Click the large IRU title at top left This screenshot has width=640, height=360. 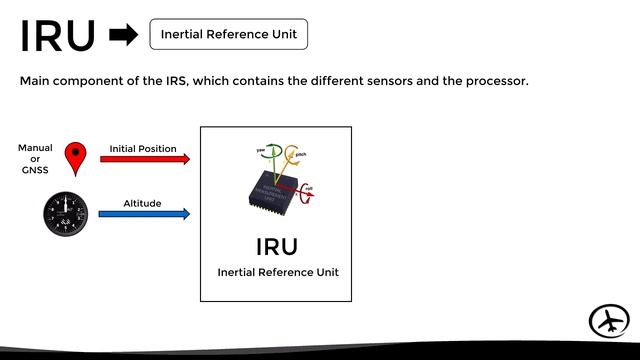(58, 36)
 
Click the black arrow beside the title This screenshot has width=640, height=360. (123, 36)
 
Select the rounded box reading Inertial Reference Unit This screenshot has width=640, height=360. (229, 34)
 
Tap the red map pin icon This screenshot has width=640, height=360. (75, 158)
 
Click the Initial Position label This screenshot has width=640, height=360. (143, 148)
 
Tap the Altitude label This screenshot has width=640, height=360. (142, 203)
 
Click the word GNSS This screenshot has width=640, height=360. (35, 171)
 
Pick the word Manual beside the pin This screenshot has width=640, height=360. (35, 148)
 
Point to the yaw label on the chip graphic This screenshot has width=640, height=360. (261, 149)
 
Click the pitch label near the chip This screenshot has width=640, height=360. (300, 155)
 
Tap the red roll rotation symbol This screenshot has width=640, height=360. (307, 191)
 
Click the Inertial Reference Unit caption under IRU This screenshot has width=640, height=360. (276, 272)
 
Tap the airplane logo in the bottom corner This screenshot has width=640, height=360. (609, 322)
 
